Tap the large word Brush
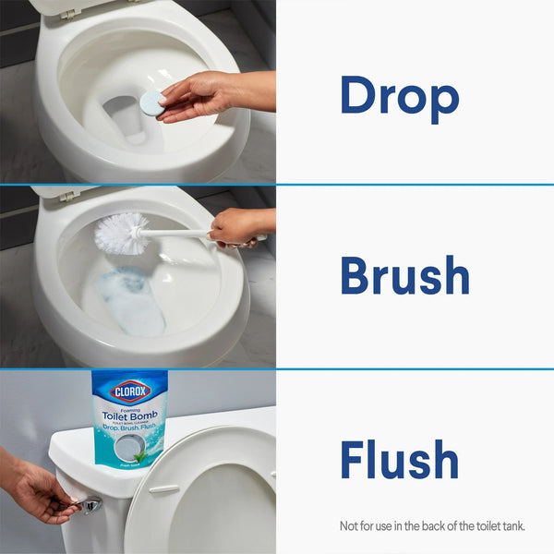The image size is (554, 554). pyautogui.click(x=404, y=275)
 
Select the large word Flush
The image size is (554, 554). pyautogui.click(x=399, y=459)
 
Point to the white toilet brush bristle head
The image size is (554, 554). pyautogui.click(x=121, y=234)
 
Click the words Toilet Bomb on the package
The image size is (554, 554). pyautogui.click(x=129, y=415)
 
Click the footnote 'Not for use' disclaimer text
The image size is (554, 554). pyautogui.click(x=431, y=526)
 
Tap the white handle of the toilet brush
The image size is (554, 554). pyautogui.click(x=180, y=235)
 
